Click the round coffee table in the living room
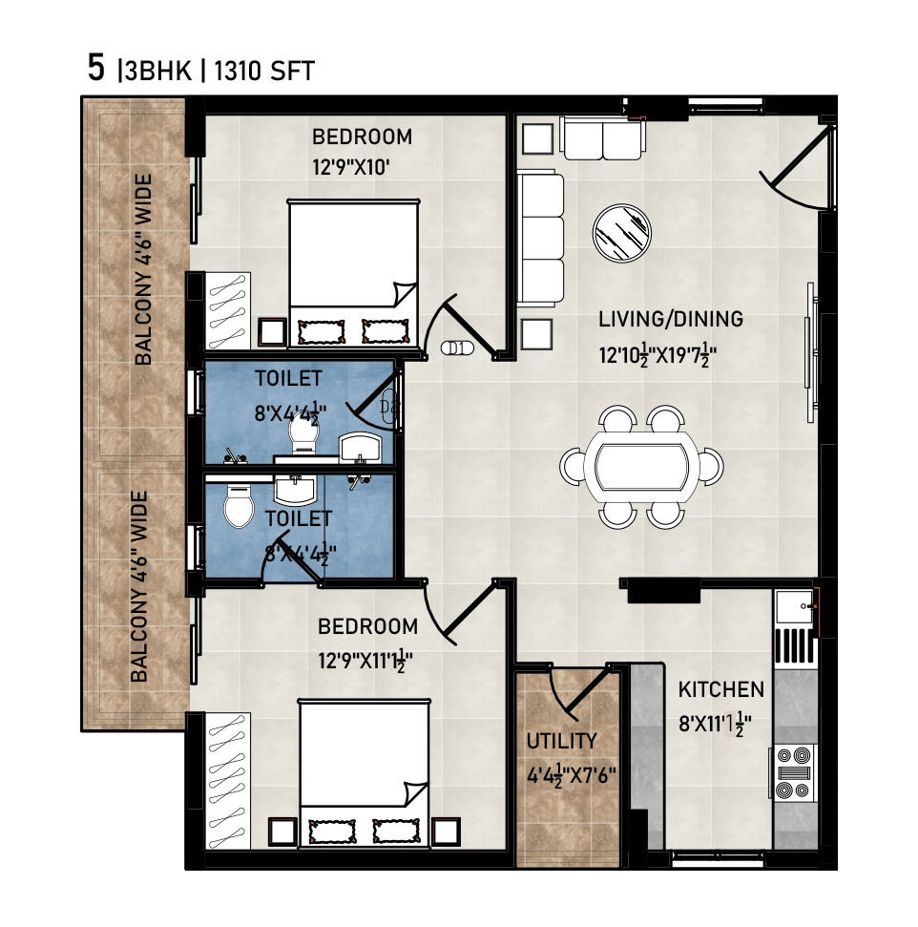point(622,232)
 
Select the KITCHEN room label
point(721,689)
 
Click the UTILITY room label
point(561,741)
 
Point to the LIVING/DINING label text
point(671,319)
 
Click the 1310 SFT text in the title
point(263,71)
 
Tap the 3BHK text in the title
point(157,71)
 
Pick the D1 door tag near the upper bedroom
point(457,348)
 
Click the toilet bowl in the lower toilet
point(239,505)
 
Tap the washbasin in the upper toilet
point(360,448)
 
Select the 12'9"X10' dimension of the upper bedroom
point(350,167)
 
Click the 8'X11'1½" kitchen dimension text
point(715,724)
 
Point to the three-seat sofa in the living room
point(540,237)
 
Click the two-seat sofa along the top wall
point(602,138)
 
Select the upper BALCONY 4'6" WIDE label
point(143,269)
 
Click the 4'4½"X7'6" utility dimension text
point(571,775)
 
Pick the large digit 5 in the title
point(95,68)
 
